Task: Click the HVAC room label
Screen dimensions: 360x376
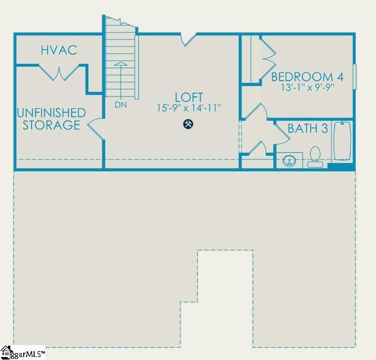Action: (x=59, y=50)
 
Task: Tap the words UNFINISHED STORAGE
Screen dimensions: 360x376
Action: (x=51, y=119)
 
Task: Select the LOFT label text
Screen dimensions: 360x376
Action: (x=189, y=97)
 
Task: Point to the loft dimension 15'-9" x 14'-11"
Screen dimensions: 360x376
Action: (x=189, y=108)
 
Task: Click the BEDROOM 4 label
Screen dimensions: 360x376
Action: (x=307, y=77)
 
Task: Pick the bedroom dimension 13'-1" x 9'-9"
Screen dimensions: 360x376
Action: (x=307, y=88)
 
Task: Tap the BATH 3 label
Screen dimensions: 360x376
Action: (x=308, y=129)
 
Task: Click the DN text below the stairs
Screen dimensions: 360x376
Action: (x=120, y=105)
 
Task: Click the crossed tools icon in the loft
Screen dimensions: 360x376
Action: (x=188, y=124)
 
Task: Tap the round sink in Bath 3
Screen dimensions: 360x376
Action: (x=290, y=160)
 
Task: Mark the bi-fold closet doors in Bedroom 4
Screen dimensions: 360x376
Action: (x=267, y=60)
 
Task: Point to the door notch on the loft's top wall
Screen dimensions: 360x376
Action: (x=188, y=39)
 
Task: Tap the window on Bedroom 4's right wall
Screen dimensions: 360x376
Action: (x=355, y=77)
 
